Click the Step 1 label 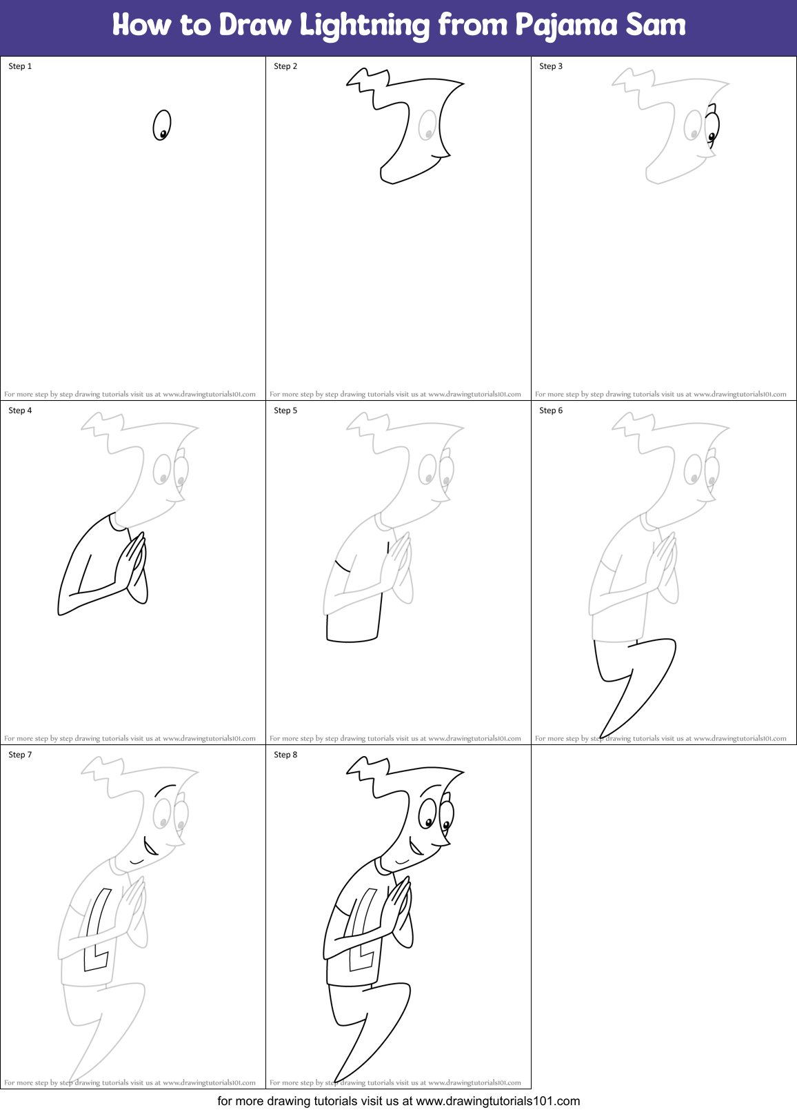(20, 66)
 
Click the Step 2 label (285, 66)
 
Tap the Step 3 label (551, 66)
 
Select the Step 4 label (20, 410)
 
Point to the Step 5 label (285, 410)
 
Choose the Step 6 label (551, 410)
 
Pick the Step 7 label (20, 755)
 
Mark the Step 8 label (285, 755)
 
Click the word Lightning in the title (365, 26)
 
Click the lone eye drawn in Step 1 (162, 126)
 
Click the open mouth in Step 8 (415, 846)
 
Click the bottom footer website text (398, 1101)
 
